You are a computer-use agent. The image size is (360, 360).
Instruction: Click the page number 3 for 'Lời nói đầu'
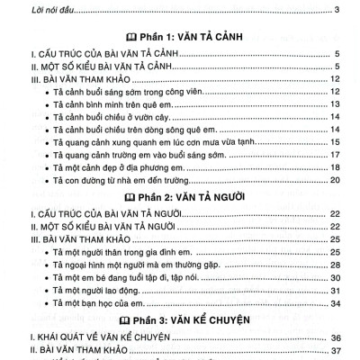click(335, 10)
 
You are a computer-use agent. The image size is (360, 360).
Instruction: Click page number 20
click(332, 181)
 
